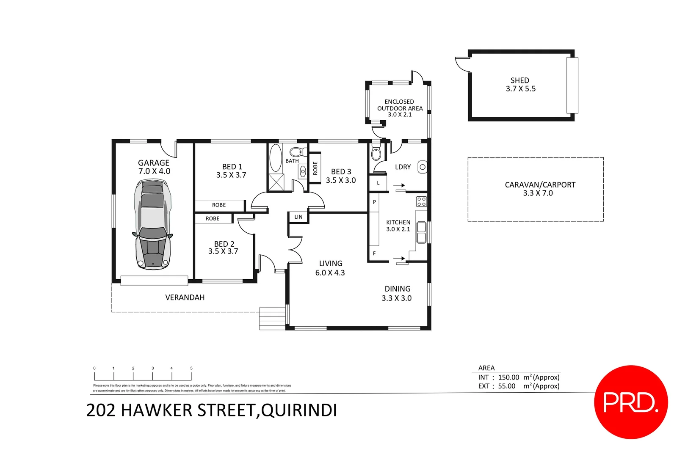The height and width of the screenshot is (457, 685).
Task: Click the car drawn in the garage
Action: point(153,224)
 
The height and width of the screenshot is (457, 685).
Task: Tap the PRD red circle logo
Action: point(631,402)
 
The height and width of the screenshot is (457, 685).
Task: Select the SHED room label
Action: point(520,80)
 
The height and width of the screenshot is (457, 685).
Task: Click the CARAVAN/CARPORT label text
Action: point(540,185)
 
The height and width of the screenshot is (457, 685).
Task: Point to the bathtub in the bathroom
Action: point(276,158)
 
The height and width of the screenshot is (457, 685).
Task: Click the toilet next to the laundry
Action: point(376,152)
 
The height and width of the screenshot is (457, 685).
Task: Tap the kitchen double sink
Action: point(421,233)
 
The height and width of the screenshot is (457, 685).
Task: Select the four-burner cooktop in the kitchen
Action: point(421,201)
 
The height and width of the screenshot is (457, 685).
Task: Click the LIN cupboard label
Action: point(298,217)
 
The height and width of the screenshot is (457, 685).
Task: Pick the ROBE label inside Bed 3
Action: point(315,168)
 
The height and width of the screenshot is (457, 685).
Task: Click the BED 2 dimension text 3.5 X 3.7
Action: point(223,251)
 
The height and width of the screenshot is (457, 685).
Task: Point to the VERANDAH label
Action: point(185,297)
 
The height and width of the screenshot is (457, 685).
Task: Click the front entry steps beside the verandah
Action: point(272,318)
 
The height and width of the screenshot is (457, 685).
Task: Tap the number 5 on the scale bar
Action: point(191,368)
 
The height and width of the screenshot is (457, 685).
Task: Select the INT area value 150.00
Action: point(508,377)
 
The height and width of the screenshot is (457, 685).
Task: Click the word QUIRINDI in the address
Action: point(299,410)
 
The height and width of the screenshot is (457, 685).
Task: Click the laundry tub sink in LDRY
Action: point(422,167)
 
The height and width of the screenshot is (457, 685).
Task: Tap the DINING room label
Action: point(398,289)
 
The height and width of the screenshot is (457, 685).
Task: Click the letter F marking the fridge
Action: point(374,253)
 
